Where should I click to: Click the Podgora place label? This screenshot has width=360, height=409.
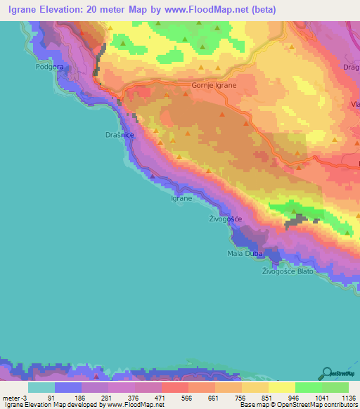click(x=50, y=68)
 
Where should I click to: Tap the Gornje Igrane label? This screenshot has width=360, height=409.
click(x=214, y=85)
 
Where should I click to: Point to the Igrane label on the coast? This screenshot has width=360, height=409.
click(x=181, y=199)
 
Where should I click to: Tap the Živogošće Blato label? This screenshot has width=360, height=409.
click(x=287, y=271)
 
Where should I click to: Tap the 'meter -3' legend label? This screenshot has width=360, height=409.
click(x=14, y=396)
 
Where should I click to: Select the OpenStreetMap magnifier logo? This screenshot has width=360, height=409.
click(x=328, y=373)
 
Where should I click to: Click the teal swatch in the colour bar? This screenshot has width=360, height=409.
click(x=41, y=387)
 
